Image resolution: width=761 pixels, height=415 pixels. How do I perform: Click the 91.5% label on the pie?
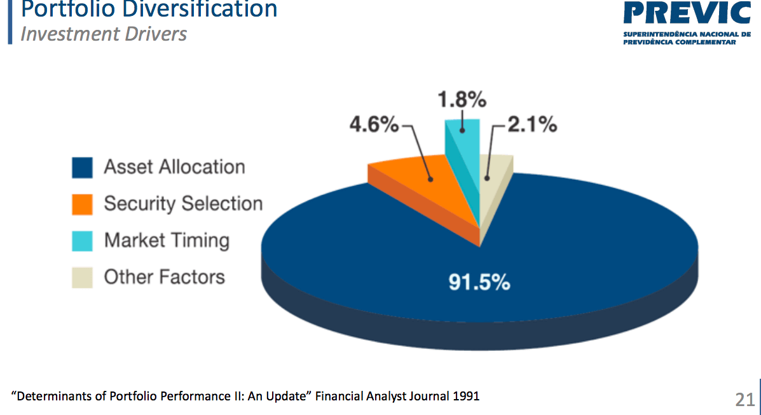[479, 283]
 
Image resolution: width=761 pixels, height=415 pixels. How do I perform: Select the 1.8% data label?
[462, 100]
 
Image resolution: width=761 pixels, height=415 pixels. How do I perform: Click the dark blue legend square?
[82, 168]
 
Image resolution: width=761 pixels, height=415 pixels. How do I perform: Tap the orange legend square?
[82, 205]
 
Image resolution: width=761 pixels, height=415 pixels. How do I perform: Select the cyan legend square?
[82, 241]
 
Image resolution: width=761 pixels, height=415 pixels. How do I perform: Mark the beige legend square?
[82, 278]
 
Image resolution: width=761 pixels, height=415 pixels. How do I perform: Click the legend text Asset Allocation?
[174, 167]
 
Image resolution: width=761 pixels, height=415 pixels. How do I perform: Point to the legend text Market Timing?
[167, 240]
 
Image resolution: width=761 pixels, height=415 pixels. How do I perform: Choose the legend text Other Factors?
[164, 277]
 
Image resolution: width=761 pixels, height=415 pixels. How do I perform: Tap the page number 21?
[744, 399]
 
